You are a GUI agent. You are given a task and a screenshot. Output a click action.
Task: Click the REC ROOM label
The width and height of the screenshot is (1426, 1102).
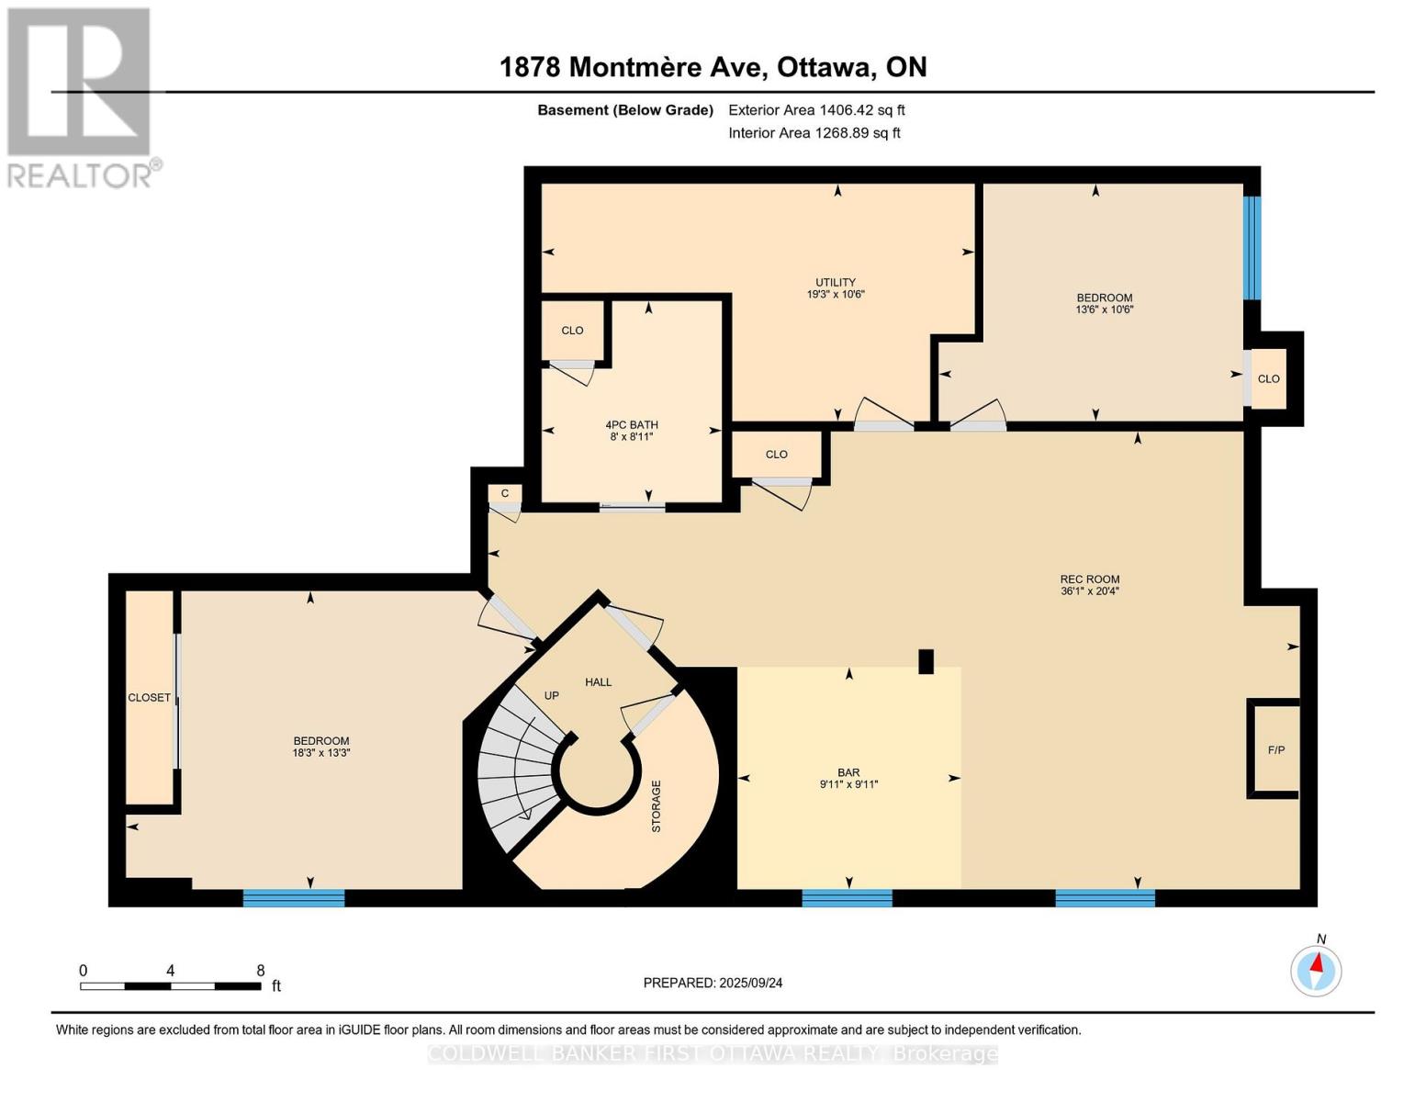click(x=1089, y=579)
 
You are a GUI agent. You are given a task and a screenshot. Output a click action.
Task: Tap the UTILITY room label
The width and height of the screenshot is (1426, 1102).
click(x=836, y=283)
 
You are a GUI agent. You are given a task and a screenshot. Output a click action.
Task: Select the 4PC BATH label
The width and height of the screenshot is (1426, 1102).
click(x=631, y=425)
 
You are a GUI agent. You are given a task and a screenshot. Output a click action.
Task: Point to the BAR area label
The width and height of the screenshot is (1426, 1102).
click(x=848, y=773)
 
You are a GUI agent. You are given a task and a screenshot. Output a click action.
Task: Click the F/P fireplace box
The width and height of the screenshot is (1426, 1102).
click(x=1275, y=749)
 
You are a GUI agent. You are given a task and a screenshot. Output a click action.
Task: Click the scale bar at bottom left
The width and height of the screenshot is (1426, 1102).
click(x=170, y=986)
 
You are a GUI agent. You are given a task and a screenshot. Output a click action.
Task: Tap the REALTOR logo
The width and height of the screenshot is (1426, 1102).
click(x=81, y=96)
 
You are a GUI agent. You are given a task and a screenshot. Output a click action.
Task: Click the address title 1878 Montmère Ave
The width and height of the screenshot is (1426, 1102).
click(x=713, y=67)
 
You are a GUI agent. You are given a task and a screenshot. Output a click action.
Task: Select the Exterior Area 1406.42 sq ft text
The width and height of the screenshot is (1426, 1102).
click(x=816, y=110)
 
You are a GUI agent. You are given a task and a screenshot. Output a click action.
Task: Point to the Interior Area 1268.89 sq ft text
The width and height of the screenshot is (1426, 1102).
click(x=814, y=133)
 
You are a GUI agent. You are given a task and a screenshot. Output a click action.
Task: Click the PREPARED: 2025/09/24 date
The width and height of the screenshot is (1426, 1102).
click(x=713, y=983)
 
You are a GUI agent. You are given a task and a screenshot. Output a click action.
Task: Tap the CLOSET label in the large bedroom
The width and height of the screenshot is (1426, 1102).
click(x=149, y=698)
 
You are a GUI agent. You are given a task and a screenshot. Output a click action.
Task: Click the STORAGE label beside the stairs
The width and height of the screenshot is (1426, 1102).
click(x=656, y=806)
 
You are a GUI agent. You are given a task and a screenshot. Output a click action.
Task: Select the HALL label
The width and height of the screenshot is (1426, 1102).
click(x=598, y=682)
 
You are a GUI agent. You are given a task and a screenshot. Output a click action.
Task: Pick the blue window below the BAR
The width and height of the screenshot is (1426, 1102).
click(x=847, y=898)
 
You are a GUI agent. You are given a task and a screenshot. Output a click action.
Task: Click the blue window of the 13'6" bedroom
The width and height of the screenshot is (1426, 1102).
click(x=1252, y=248)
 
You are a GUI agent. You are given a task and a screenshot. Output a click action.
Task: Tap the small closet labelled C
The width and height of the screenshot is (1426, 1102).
click(x=504, y=494)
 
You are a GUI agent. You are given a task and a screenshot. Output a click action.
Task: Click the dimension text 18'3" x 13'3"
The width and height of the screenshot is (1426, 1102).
click(x=321, y=753)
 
